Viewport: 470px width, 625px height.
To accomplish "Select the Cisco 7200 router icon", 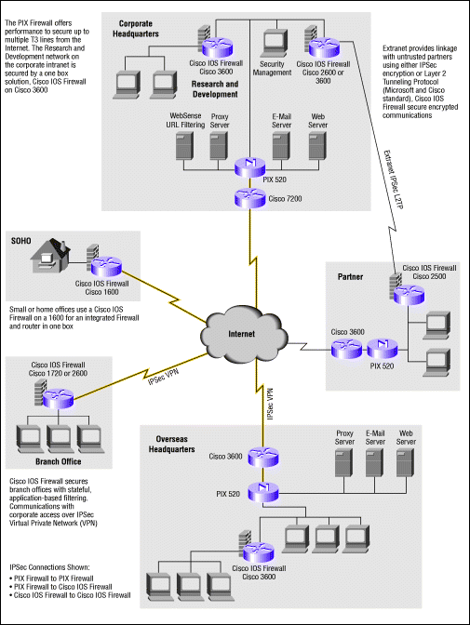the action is pyautogui.click(x=250, y=198).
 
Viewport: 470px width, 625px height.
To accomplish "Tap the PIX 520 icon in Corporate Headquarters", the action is pyautogui.click(x=250, y=167).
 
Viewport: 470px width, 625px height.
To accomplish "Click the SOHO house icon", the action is pyautogui.click(x=50, y=256).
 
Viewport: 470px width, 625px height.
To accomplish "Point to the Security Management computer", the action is pyautogui.click(x=275, y=43).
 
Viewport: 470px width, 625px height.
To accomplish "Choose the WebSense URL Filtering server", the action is pyautogui.click(x=184, y=146).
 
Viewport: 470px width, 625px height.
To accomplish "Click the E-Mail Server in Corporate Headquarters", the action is pyautogui.click(x=281, y=146).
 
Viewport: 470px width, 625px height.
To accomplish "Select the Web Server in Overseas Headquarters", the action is pyautogui.click(x=406, y=463).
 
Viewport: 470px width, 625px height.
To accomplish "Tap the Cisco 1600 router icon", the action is pyautogui.click(x=106, y=267).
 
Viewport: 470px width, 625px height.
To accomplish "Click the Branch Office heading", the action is pyautogui.click(x=59, y=461).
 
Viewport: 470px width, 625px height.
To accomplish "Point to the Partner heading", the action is pyautogui.click(x=350, y=276).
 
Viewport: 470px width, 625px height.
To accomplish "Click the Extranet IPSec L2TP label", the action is pyautogui.click(x=394, y=180).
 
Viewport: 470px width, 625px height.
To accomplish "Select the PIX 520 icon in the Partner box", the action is pyautogui.click(x=383, y=349).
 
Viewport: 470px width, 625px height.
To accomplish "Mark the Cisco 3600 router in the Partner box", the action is pyautogui.click(x=346, y=349).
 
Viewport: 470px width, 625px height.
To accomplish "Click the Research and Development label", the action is pyautogui.click(x=215, y=89).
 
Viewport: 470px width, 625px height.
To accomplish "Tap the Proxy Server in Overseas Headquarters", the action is pyautogui.click(x=344, y=463).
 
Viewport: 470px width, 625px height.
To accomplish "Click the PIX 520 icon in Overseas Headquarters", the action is pyautogui.click(x=263, y=493).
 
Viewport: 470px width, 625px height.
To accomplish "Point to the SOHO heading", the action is pyautogui.click(x=20, y=241).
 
